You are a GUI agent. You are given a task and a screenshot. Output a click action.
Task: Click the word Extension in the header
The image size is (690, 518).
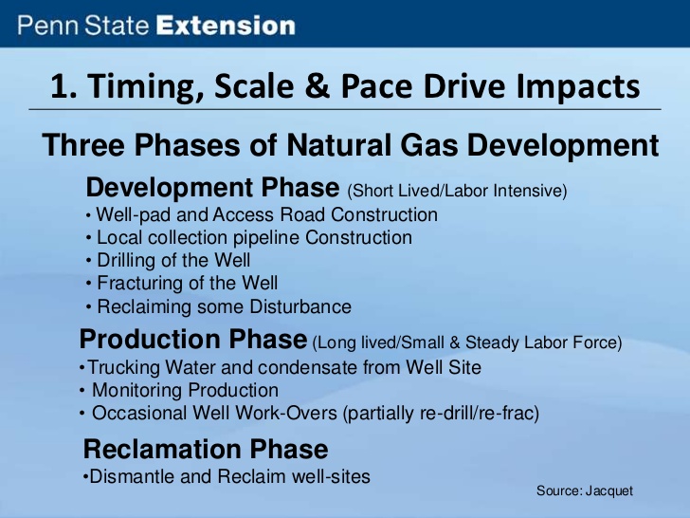click(226, 26)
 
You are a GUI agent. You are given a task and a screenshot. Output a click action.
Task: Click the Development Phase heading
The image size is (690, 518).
click(212, 188)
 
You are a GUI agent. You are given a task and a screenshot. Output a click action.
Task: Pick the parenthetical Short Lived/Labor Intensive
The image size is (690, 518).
click(457, 192)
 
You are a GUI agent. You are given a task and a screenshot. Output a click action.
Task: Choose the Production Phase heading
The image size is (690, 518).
click(193, 340)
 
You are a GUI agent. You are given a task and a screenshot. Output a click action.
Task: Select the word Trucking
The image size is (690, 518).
click(123, 368)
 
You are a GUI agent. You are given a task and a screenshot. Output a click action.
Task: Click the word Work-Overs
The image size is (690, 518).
click(286, 414)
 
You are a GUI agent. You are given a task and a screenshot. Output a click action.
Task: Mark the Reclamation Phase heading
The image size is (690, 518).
click(206, 450)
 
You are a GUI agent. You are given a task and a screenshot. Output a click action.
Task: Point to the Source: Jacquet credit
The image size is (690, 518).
click(585, 491)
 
